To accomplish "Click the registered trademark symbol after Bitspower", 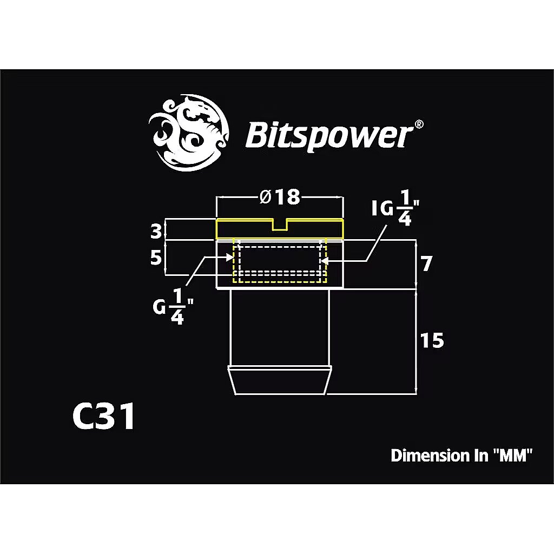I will tap(419, 124).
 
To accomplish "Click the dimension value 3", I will tap(156, 232).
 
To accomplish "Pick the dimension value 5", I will tap(156, 258).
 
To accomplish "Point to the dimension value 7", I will tap(426, 264).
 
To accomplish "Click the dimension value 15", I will tap(431, 340).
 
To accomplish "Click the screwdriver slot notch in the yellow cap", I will tap(279, 225).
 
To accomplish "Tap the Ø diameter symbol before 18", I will tap(265, 197).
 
